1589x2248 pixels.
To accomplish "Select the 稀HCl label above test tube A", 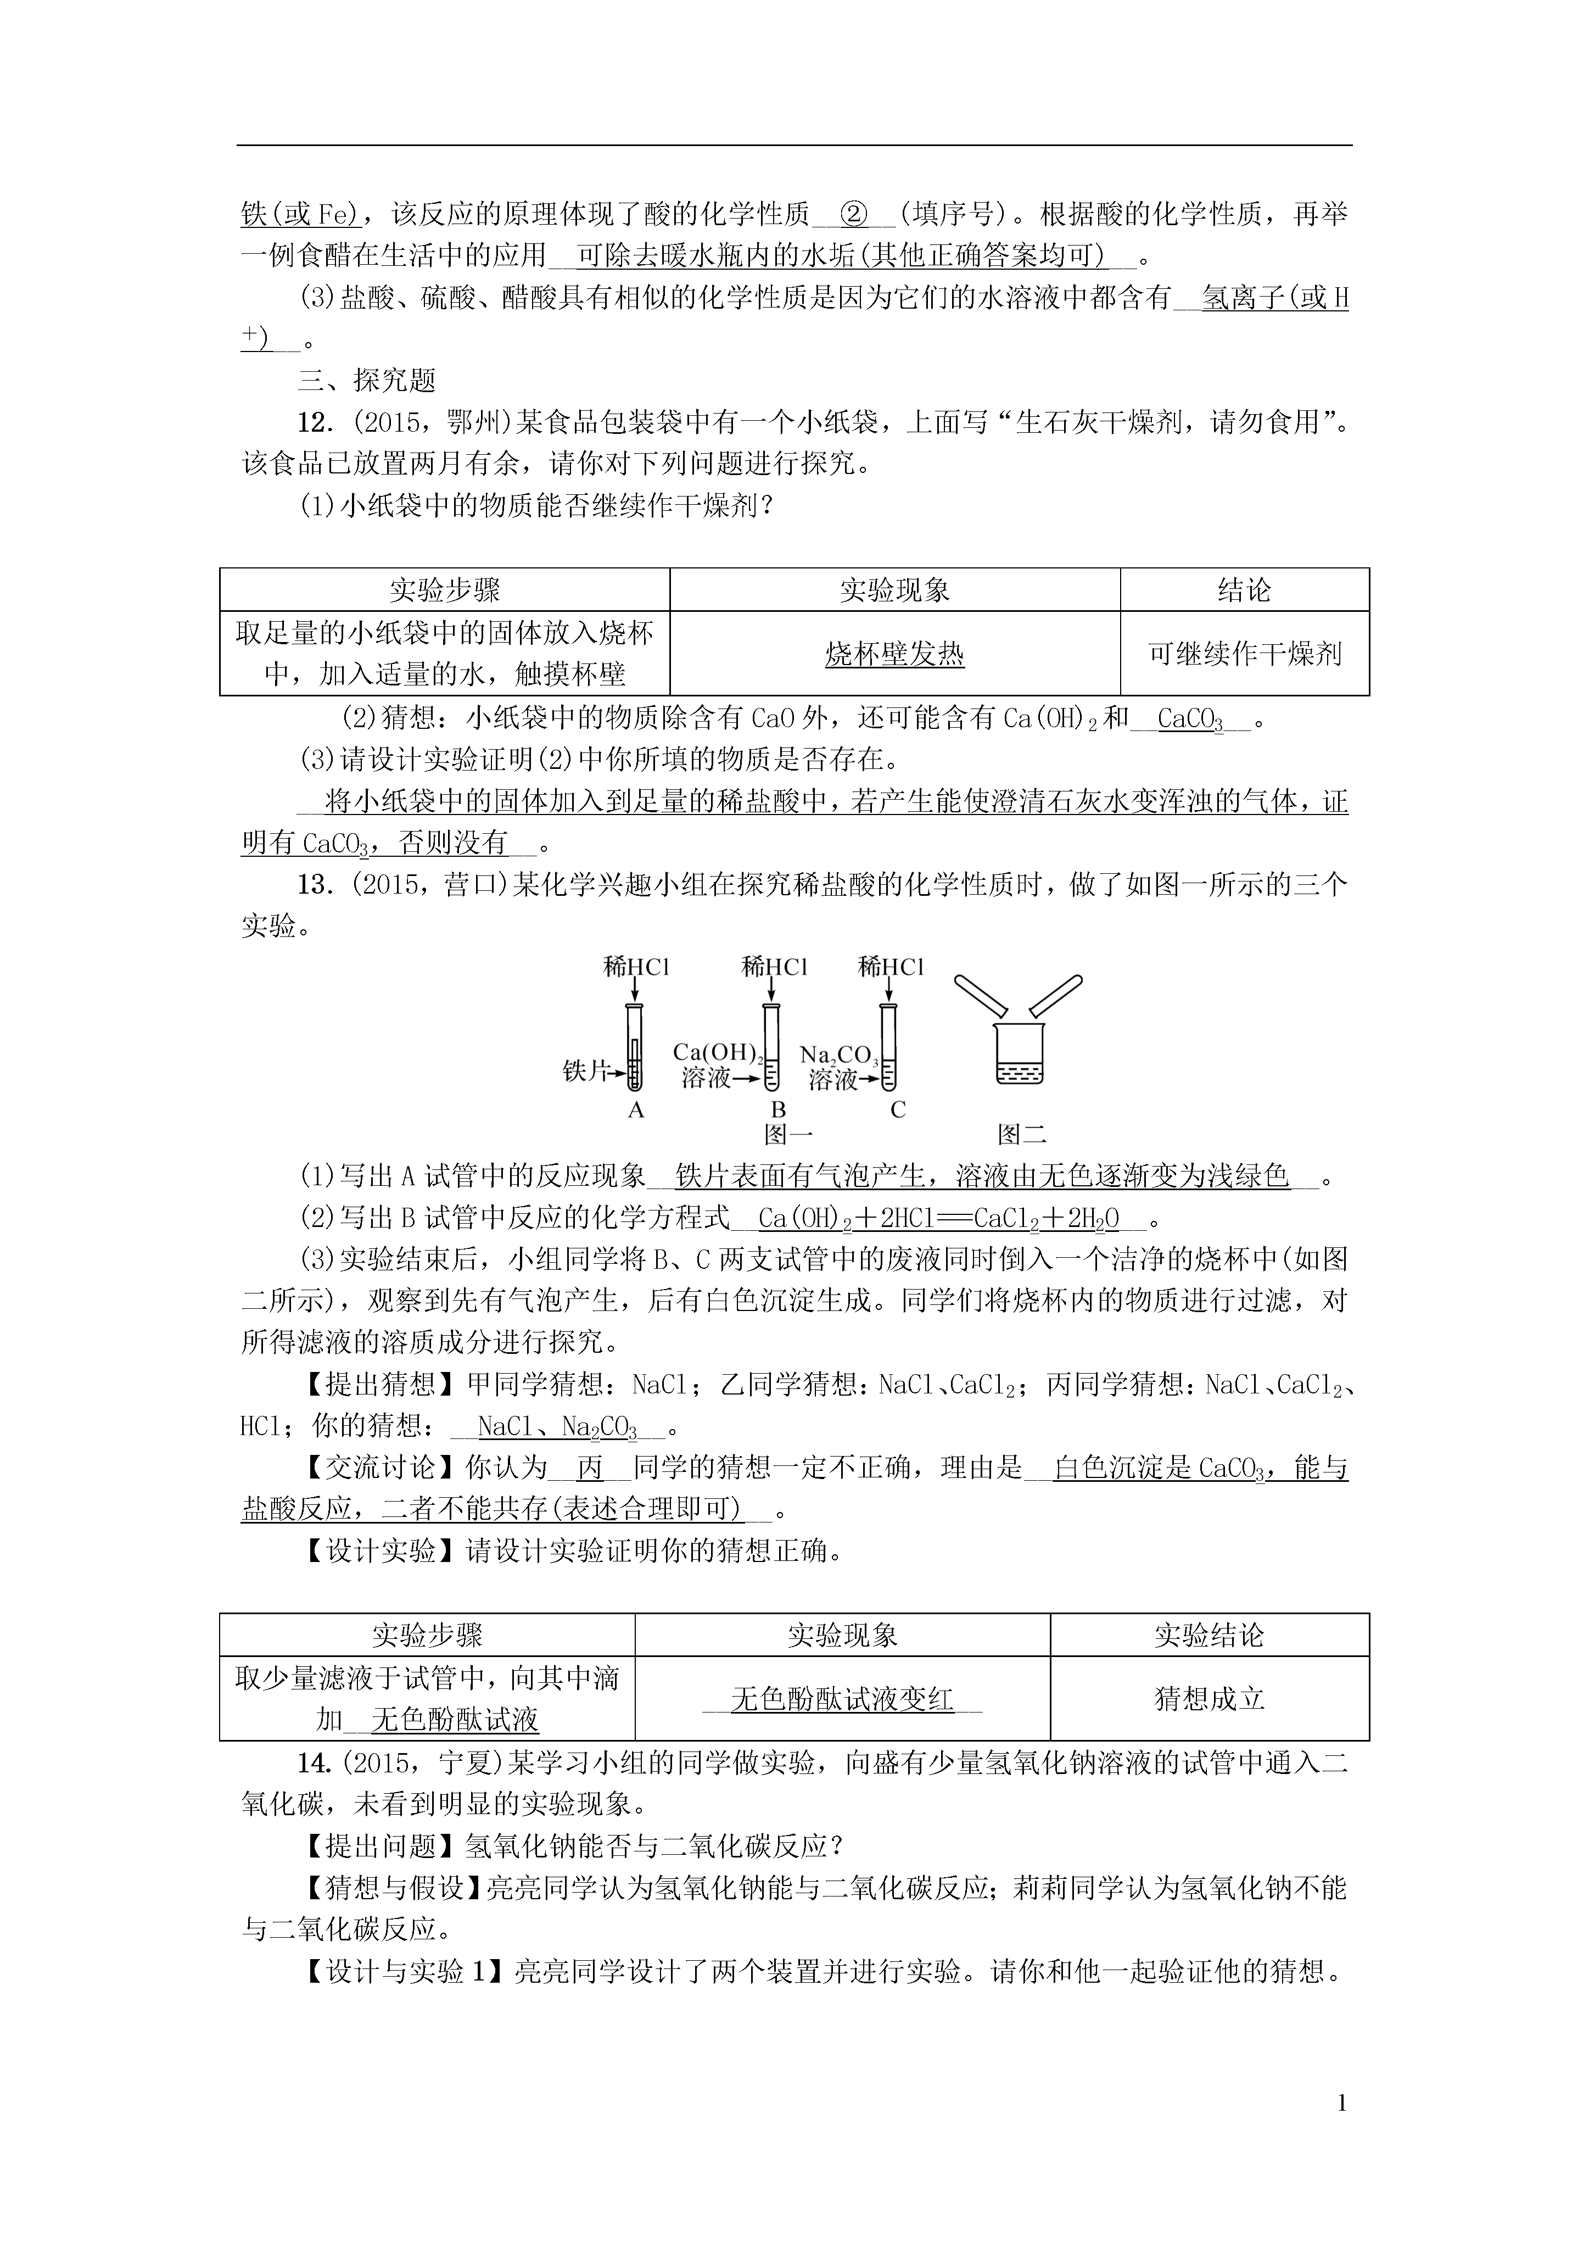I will tap(635, 967).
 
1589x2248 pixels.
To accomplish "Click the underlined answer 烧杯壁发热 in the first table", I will tap(895, 654).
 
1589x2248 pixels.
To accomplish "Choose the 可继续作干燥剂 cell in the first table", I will tap(1244, 654).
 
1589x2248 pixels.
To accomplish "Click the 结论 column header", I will tap(1244, 590).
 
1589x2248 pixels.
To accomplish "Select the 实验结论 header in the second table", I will tap(1209, 1635).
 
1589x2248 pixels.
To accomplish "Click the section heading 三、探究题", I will tap(367, 381).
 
